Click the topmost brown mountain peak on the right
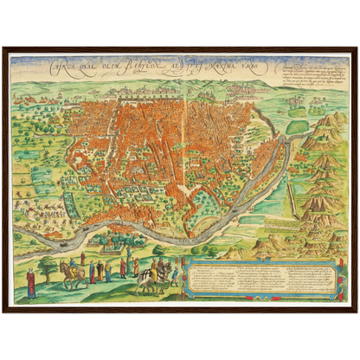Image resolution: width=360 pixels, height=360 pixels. [x=325, y=122]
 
